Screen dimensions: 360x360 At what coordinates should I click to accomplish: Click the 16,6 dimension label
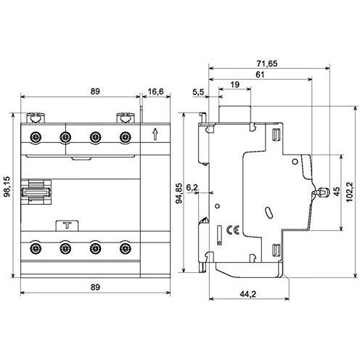coord(155,92)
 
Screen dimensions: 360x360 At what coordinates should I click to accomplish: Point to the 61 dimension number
coord(259,75)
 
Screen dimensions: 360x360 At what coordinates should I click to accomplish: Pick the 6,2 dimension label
coord(193,187)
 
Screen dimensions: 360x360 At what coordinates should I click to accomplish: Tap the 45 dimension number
coord(335,192)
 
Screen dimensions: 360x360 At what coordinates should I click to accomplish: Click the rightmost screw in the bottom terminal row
coord(125,249)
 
